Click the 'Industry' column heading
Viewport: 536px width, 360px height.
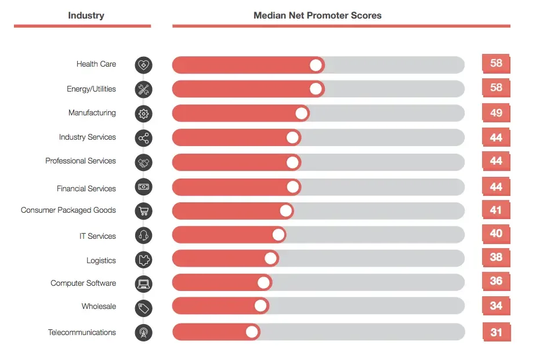pyautogui.click(x=86, y=16)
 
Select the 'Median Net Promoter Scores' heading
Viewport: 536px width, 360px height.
pyautogui.click(x=317, y=16)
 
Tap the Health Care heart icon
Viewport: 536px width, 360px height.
pyautogui.click(x=143, y=65)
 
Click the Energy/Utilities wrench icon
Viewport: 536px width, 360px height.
pyautogui.click(x=143, y=89)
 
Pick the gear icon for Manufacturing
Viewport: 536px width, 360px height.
pyautogui.click(x=143, y=114)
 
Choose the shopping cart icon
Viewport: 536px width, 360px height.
pyautogui.click(x=143, y=211)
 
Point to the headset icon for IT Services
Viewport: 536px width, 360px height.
pyautogui.click(x=143, y=235)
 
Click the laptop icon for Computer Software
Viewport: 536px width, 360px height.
pyautogui.click(x=143, y=284)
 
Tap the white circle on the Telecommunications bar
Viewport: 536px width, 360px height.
pyautogui.click(x=252, y=332)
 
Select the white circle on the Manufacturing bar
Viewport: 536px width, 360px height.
pyautogui.click(x=301, y=114)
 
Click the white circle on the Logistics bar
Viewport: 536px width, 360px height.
pyautogui.click(x=270, y=259)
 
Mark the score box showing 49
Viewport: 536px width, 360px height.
pyautogui.click(x=496, y=112)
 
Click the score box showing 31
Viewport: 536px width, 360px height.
pyautogui.click(x=496, y=332)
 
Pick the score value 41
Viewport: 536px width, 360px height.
pyautogui.click(x=496, y=210)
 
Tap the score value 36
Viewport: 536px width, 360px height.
pyautogui.click(x=496, y=281)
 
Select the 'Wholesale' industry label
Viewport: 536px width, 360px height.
pyautogui.click(x=99, y=306)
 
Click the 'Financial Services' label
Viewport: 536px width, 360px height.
pyautogui.click(x=86, y=188)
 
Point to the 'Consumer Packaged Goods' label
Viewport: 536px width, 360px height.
pyautogui.click(x=68, y=210)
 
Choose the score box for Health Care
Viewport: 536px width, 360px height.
pyautogui.click(x=496, y=63)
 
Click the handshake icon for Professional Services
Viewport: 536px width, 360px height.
pyautogui.click(x=143, y=162)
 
